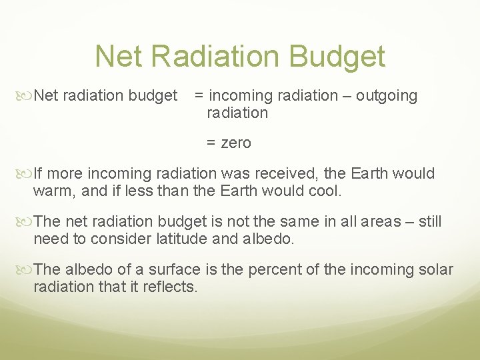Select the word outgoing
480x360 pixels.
pos(386,96)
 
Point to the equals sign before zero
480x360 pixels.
pos(211,143)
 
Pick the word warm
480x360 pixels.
pos(51,191)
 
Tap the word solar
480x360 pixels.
pos(435,270)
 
